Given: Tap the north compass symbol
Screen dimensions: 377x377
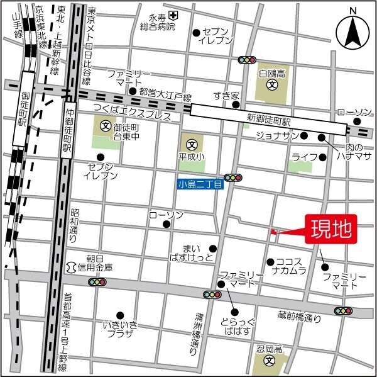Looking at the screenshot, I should coord(352,33).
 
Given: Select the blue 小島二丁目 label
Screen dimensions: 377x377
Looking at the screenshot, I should coord(199,184).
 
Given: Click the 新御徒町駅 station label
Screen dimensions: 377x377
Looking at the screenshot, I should coord(268,120).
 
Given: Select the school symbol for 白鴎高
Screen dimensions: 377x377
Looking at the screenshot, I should coord(271,84).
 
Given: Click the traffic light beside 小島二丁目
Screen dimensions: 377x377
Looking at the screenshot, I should coord(233,178).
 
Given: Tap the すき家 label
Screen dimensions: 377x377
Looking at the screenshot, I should coord(226,96).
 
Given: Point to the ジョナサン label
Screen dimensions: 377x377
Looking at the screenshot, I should coord(276,136).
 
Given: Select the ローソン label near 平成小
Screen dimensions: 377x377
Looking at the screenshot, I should coord(166,215).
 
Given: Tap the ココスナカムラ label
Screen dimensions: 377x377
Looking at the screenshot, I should coord(289,266).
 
